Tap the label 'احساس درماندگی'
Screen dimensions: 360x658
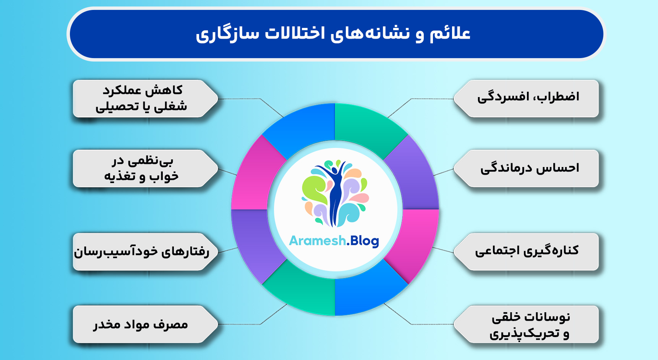[530, 168]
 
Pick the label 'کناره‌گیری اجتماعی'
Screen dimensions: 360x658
[527, 251]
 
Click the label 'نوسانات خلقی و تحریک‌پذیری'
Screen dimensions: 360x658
[530, 325]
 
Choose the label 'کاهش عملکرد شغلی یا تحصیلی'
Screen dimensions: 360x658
[141, 98]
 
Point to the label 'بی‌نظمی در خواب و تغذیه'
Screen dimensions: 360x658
[141, 168]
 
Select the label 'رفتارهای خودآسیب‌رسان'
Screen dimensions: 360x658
[141, 251]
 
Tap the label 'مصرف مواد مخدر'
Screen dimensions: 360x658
[141, 325]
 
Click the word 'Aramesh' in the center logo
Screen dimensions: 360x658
[317, 241]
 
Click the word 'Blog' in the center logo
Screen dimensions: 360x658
[364, 241]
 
